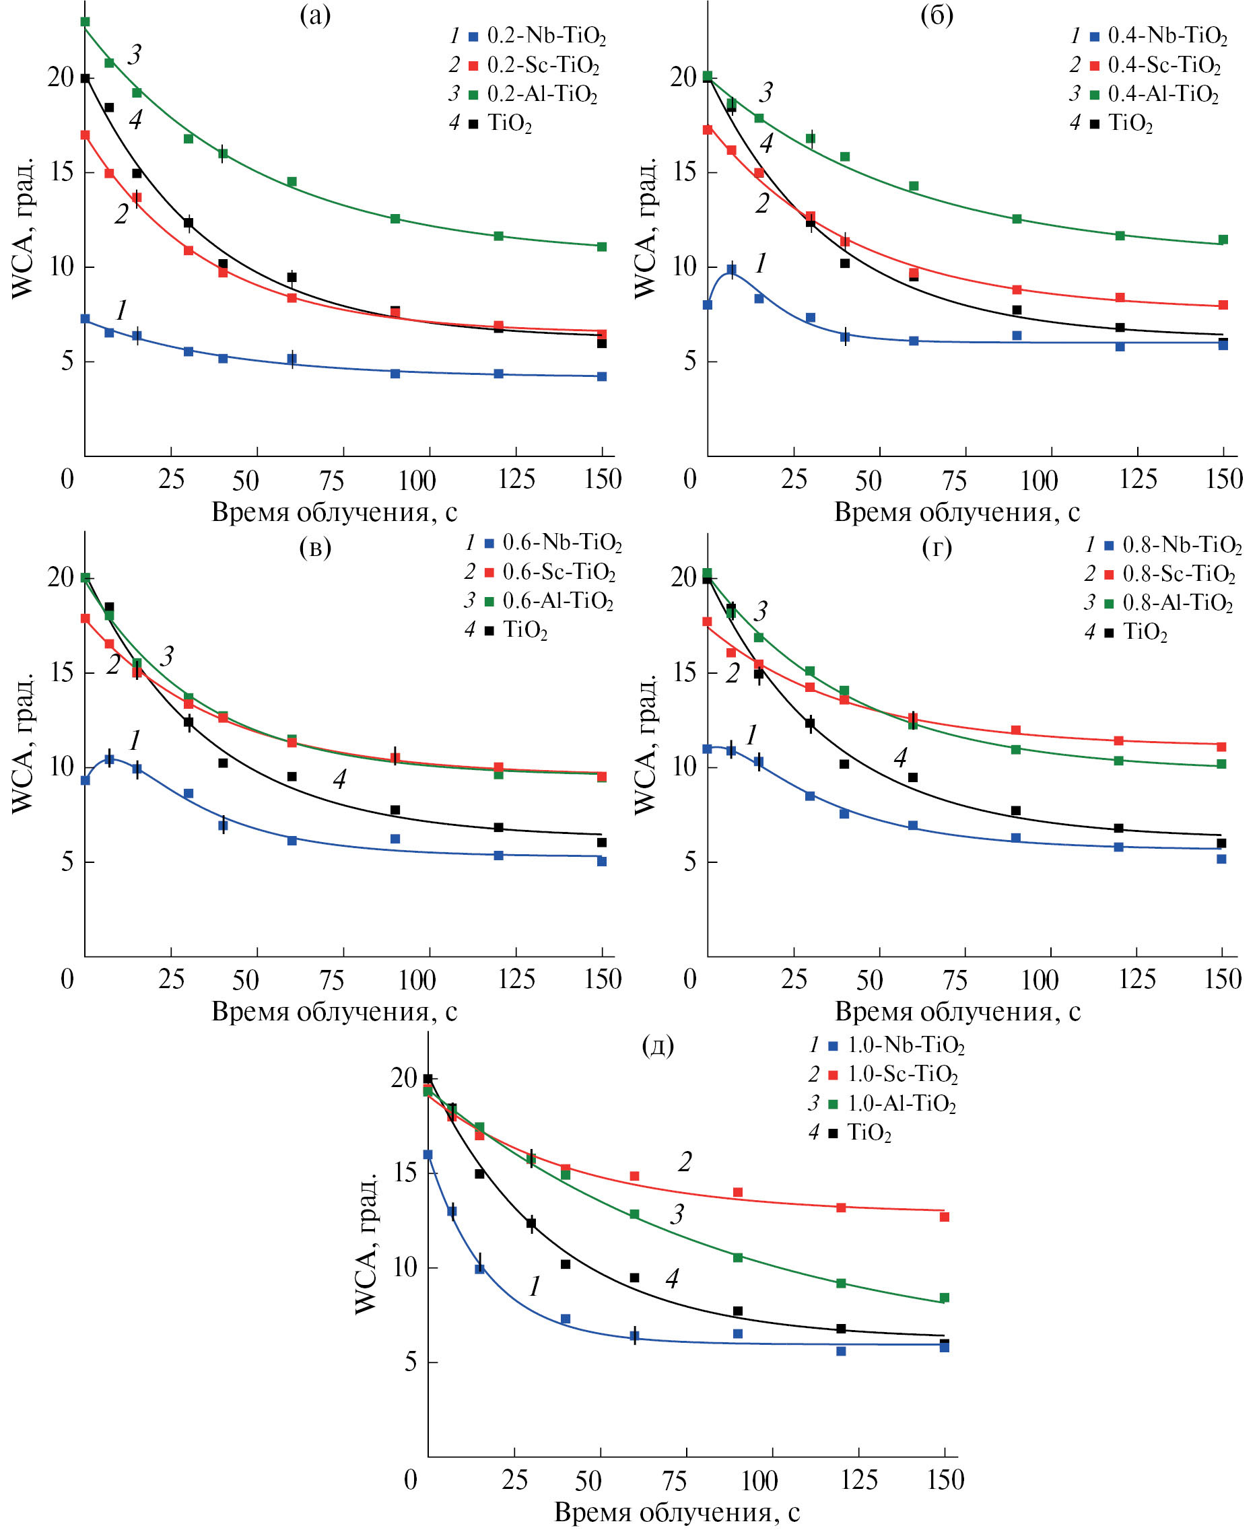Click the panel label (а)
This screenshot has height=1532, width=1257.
315,15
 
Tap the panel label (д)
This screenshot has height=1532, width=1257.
658,1045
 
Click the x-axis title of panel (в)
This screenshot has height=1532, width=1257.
334,1012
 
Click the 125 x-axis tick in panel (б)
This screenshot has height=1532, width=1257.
1138,479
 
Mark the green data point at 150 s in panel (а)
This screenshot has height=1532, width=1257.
602,247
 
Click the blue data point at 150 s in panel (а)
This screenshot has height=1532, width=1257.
602,376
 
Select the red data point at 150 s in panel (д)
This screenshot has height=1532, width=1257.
944,1217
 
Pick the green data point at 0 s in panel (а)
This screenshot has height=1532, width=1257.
86,22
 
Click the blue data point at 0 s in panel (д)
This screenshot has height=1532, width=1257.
428,1155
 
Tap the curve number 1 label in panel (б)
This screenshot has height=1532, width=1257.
760,264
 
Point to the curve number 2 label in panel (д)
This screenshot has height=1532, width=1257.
684,1162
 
